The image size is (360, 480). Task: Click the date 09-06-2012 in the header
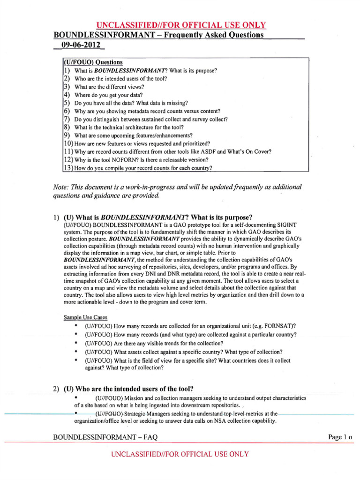tap(79, 46)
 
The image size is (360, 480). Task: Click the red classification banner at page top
tap(181, 25)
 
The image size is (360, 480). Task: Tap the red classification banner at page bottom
tap(180, 454)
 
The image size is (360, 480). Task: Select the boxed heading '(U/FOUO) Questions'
tap(93, 62)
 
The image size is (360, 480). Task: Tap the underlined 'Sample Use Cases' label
tap(85, 317)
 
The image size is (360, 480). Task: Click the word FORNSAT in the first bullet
tap(280, 326)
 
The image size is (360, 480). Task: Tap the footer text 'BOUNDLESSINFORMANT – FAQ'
tap(105, 437)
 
